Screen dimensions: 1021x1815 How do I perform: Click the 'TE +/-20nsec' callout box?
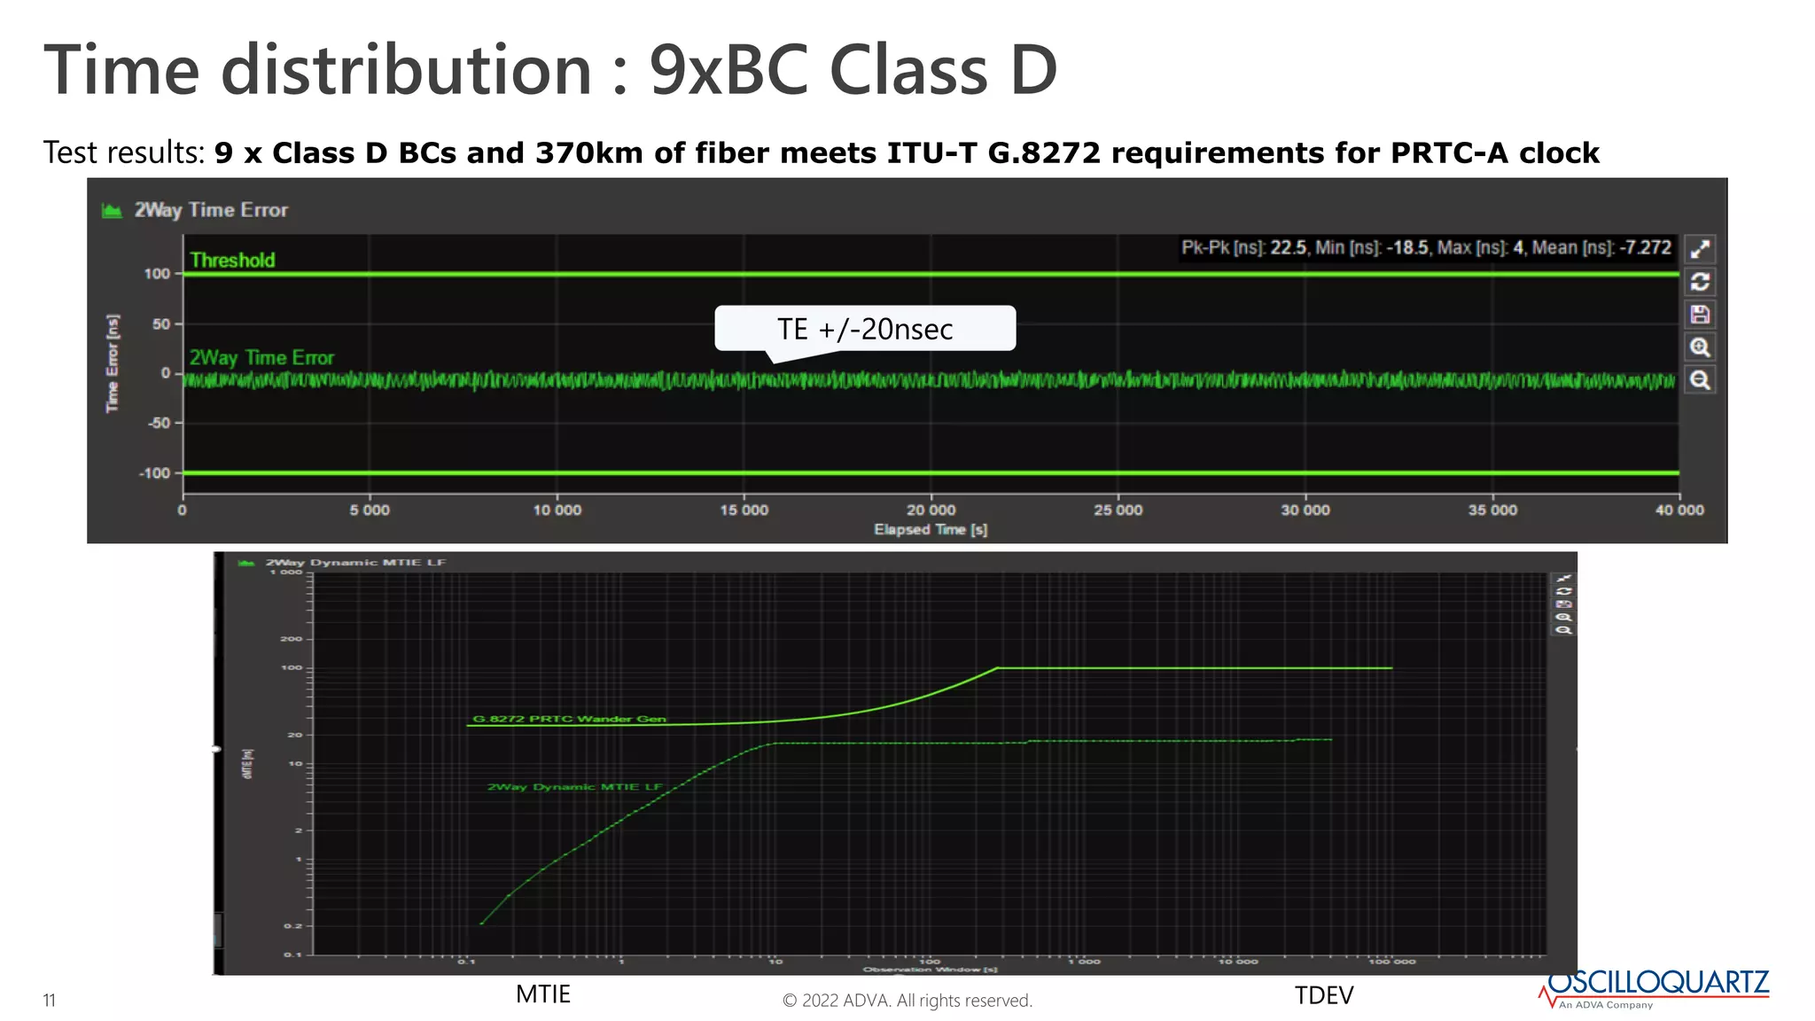[864, 329]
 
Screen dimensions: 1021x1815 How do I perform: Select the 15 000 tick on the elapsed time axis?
[744, 510]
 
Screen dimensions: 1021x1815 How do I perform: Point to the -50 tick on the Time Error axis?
[159, 424]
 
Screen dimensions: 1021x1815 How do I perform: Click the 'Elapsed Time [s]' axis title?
[931, 530]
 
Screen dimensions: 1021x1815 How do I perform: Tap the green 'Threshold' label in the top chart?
[232, 261]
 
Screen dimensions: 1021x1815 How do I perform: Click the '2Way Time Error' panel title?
[211, 210]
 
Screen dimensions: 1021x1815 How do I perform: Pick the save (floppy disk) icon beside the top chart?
[1700, 315]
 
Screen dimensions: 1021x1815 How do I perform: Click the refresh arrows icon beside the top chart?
[1700, 282]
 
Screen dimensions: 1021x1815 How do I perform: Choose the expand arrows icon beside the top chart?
[1700, 249]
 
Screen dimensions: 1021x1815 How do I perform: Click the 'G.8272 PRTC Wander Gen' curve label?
[569, 719]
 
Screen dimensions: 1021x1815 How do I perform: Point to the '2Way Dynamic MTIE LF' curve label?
[574, 787]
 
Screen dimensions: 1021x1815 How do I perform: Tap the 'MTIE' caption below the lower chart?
[543, 994]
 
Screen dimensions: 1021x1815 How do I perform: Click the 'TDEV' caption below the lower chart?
[1324, 996]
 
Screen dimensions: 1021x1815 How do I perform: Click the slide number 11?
[50, 1001]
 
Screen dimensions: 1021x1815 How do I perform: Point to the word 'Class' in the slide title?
[908, 71]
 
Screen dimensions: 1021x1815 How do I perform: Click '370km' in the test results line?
[589, 153]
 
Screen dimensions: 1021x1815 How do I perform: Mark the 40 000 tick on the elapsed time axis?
[1679, 510]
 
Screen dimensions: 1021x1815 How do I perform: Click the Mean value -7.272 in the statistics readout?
[1646, 248]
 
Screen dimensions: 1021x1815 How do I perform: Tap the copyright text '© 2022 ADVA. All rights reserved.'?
[907, 1001]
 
